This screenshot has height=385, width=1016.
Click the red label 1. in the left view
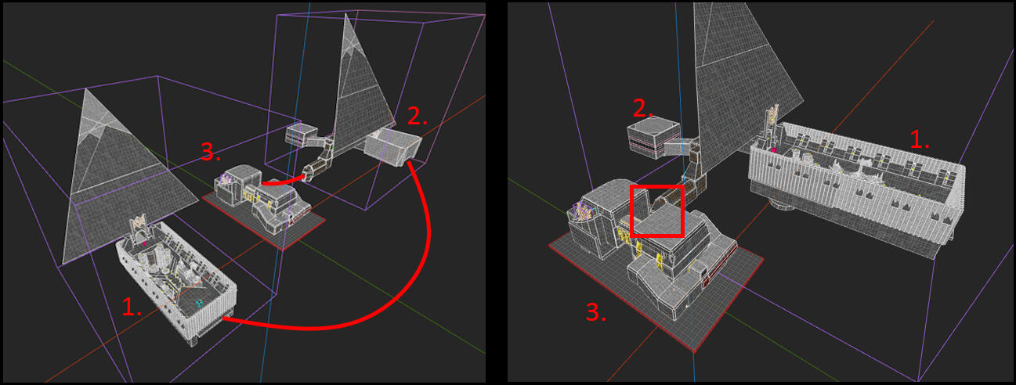[x=132, y=308]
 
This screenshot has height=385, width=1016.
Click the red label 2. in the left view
[x=418, y=116]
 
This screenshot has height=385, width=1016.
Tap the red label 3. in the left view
[x=211, y=151]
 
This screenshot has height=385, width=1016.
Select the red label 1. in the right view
[x=920, y=140]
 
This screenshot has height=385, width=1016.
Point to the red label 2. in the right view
[x=643, y=108]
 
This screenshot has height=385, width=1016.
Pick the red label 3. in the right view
[x=596, y=312]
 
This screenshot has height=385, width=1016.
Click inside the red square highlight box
[x=657, y=210]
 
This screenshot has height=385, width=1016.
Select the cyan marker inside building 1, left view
[x=199, y=303]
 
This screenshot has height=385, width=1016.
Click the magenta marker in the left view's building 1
[x=144, y=243]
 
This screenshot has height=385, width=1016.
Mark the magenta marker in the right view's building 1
[x=774, y=149]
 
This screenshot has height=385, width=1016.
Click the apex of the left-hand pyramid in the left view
[x=85, y=88]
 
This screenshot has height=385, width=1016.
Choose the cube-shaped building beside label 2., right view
[x=653, y=137]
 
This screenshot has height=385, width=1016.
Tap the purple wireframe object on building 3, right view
[x=580, y=211]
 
